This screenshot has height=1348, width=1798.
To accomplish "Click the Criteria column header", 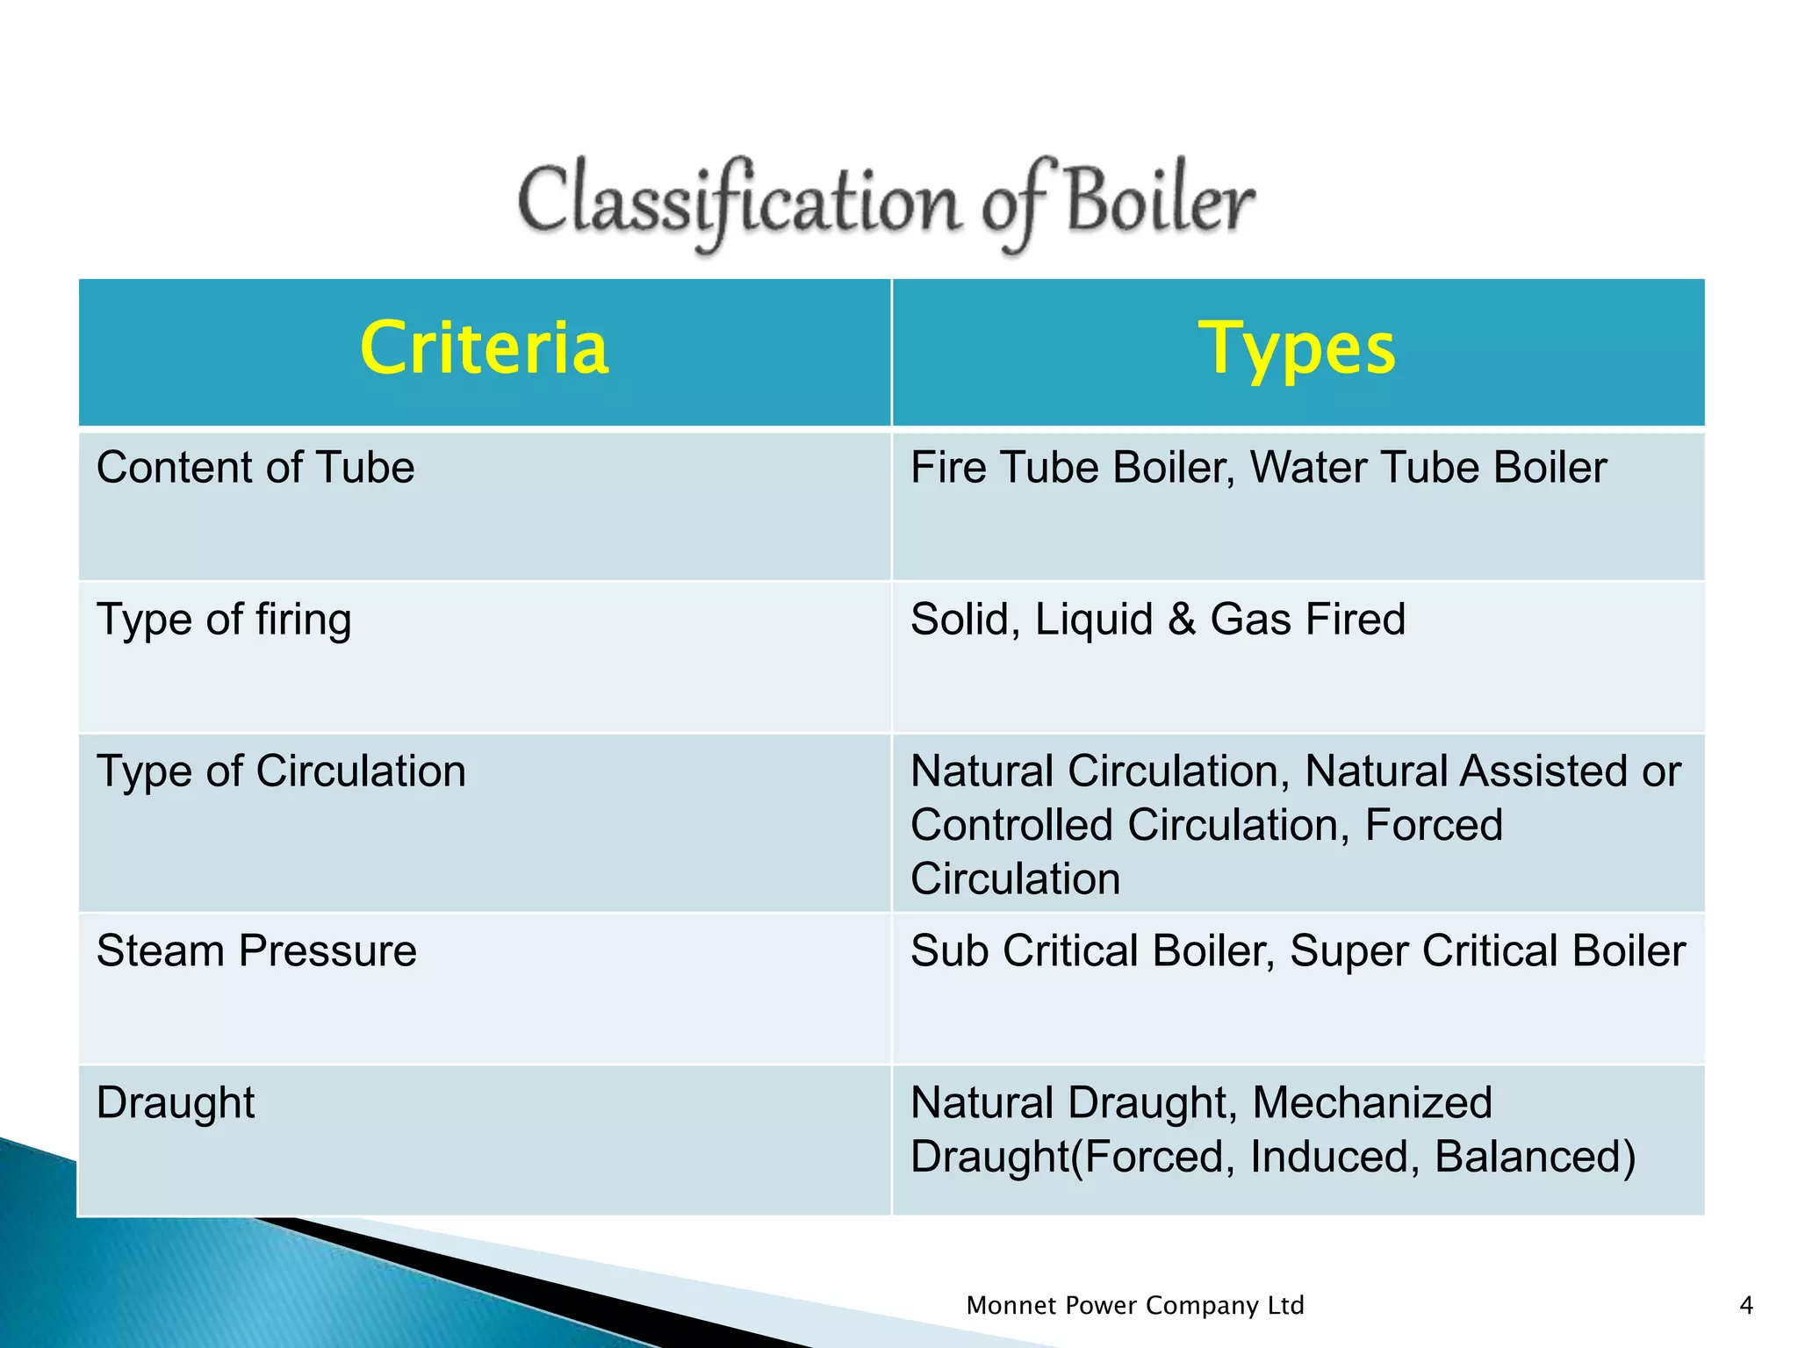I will point(484,349).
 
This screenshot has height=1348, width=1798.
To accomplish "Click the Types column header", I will point(1297,349).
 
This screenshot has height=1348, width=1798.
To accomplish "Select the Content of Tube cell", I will point(255,467).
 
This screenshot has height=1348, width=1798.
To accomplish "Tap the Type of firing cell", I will point(224,620).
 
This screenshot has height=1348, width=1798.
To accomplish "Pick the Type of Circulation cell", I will point(281,771).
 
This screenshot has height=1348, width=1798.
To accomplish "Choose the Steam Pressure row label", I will point(256,950).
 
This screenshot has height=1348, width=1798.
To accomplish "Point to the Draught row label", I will point(176,1102).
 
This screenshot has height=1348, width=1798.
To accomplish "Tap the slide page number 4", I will point(1746,1306).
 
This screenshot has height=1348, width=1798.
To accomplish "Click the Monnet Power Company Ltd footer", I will point(1134,1306).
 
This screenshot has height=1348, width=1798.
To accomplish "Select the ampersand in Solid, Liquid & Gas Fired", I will point(1182,620).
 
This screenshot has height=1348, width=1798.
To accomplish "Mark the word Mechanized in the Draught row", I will point(1371,1102).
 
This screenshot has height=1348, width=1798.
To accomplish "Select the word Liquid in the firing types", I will point(1094,620).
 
